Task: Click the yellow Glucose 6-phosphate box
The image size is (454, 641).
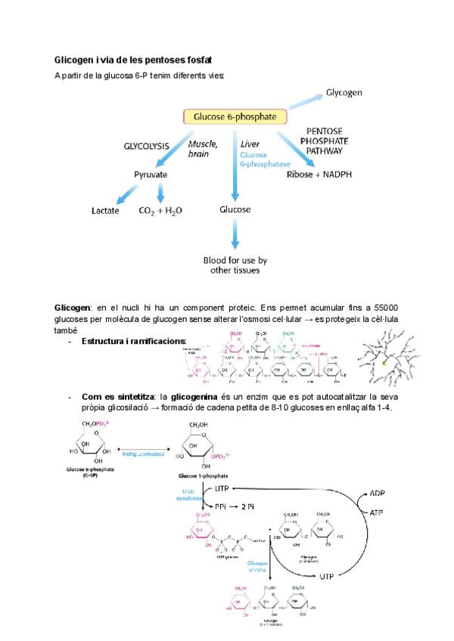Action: [235, 116]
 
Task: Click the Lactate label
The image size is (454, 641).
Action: [106, 211]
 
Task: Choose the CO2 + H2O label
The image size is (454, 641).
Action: [161, 211]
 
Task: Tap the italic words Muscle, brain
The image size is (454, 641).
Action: [203, 148]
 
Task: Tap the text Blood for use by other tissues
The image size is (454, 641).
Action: [235, 265]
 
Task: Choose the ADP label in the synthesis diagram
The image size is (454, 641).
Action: [378, 492]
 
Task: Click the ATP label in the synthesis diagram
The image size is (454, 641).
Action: [377, 512]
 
